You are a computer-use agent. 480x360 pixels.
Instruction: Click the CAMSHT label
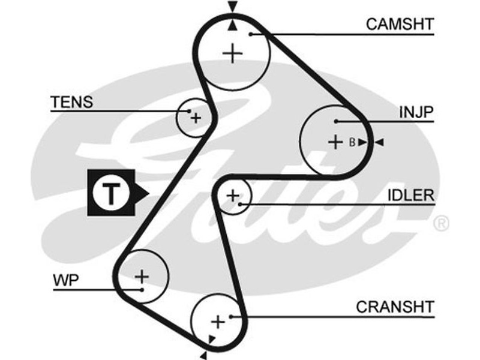coord(400,25)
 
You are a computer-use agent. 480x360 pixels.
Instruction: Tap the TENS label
coord(72,101)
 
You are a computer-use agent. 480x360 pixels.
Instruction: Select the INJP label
coord(416,112)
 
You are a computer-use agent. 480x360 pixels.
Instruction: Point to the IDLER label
coord(410,195)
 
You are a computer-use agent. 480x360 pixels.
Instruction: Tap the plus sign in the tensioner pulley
coord(196,118)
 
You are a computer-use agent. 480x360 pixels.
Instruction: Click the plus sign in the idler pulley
coord(233,195)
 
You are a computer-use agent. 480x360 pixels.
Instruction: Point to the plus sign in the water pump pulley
coord(142,277)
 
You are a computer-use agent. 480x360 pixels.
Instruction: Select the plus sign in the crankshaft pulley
coord(218,322)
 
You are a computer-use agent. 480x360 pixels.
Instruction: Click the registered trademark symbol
coord(440,224)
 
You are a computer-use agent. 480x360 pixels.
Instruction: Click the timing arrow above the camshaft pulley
coord(233,7)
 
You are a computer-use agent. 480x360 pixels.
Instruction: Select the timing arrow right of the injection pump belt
coord(379,142)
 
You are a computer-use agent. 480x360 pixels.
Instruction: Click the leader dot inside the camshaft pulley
coord(253,34)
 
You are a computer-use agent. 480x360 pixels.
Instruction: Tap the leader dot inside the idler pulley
coord(239,205)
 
